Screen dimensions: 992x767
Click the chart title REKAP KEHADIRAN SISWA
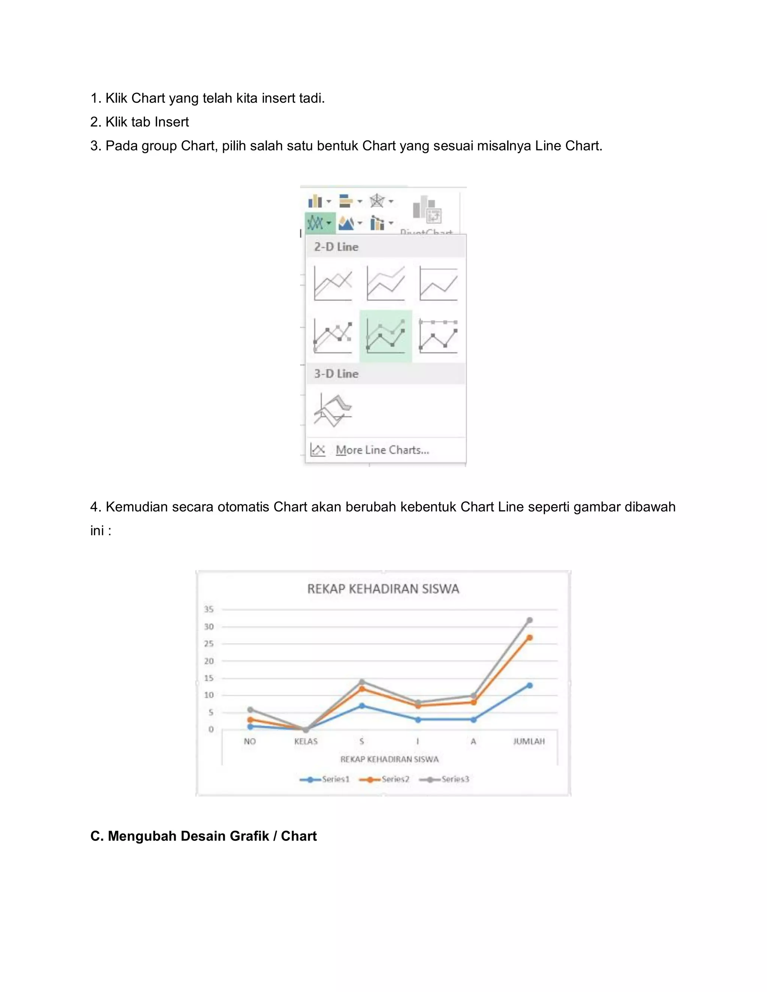pyautogui.click(x=383, y=589)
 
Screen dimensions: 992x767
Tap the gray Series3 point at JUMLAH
pyautogui.click(x=529, y=620)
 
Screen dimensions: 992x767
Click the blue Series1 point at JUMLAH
pyautogui.click(x=529, y=685)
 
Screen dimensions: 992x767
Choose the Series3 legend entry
pyautogui.click(x=445, y=779)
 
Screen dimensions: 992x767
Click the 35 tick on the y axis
pyautogui.click(x=209, y=609)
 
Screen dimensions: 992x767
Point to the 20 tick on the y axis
pyautogui.click(x=209, y=661)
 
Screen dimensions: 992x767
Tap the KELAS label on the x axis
pyautogui.click(x=306, y=741)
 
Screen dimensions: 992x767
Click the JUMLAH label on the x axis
pyautogui.click(x=529, y=741)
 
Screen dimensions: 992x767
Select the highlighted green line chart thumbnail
pyautogui.click(x=385, y=337)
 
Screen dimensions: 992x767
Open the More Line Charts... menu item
pyautogui.click(x=382, y=450)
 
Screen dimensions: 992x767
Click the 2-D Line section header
pyautogui.click(x=336, y=247)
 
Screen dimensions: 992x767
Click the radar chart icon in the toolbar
pyautogui.click(x=377, y=201)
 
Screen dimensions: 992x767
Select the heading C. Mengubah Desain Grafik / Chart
pyautogui.click(x=203, y=836)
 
